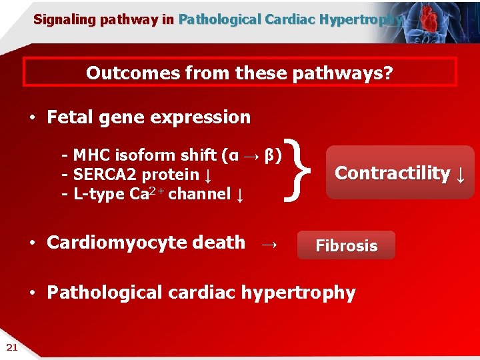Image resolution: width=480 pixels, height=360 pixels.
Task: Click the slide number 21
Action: click(x=11, y=346)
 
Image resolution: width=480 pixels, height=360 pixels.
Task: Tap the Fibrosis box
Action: click(x=346, y=245)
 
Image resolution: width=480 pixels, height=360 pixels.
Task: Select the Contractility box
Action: click(x=399, y=173)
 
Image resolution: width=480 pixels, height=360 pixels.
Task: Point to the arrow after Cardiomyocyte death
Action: click(x=269, y=245)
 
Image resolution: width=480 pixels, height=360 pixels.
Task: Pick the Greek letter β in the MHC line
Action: click(x=269, y=156)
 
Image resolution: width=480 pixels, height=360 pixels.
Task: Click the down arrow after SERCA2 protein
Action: click(x=209, y=175)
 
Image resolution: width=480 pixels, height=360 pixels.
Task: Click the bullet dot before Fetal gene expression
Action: click(x=32, y=119)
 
